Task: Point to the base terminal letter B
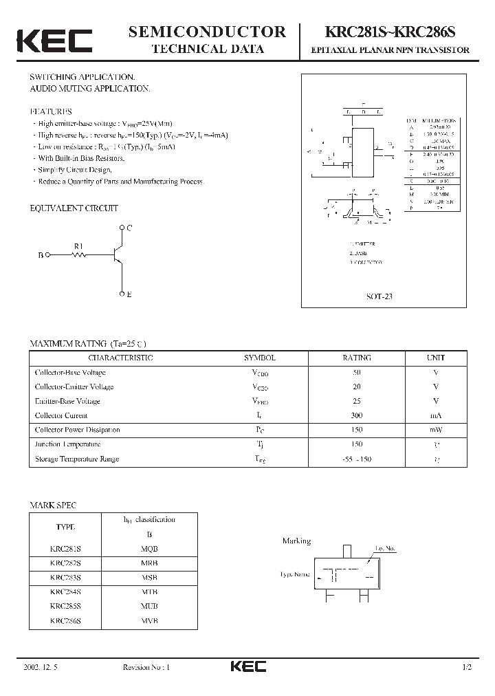pyautogui.click(x=41, y=255)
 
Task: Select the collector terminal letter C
pyautogui.click(x=129, y=227)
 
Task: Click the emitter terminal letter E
pyautogui.click(x=129, y=294)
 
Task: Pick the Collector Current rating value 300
pyautogui.click(x=356, y=415)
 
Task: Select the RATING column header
pyautogui.click(x=356, y=358)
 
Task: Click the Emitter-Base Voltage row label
pyautogui.click(x=67, y=401)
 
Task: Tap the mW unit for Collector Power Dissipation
pyautogui.click(x=436, y=430)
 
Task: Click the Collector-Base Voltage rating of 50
pyautogui.click(x=356, y=372)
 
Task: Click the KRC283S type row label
pyautogui.click(x=66, y=577)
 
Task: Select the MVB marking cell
pyautogui.click(x=149, y=620)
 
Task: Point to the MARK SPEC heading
pyautogui.click(x=53, y=505)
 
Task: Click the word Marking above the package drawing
pyautogui.click(x=296, y=541)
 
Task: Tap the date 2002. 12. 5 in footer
pyautogui.click(x=43, y=668)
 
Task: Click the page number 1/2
pyautogui.click(x=468, y=668)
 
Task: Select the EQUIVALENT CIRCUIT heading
pyautogui.click(x=74, y=208)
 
